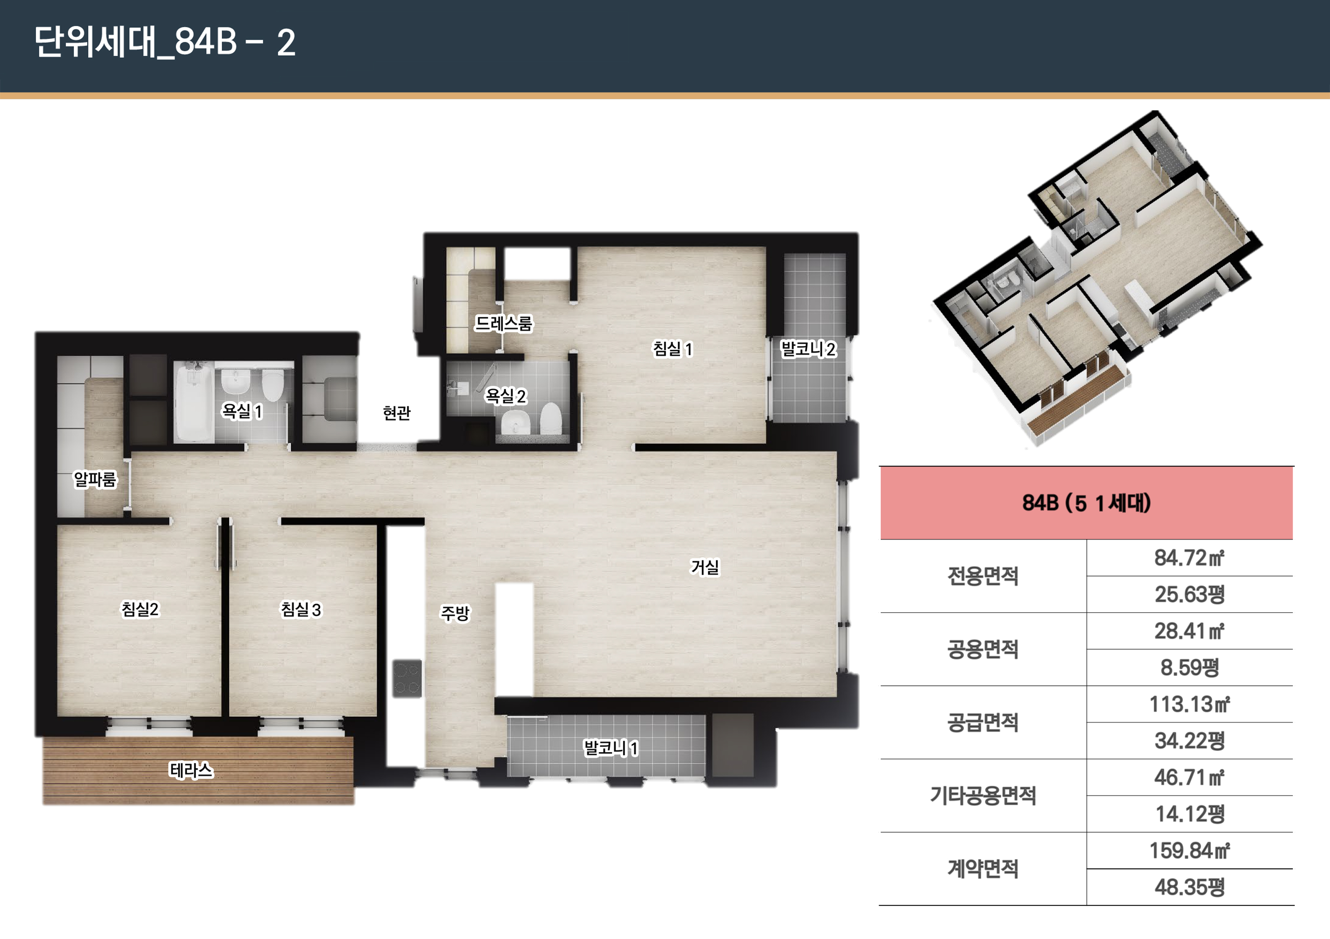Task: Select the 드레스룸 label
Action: click(503, 323)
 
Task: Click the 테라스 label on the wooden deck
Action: click(191, 770)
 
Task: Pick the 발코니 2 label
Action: click(808, 349)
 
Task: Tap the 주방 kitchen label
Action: click(455, 613)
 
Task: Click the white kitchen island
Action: click(514, 640)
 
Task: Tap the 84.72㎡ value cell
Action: click(1189, 558)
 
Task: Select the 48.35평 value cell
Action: click(1189, 887)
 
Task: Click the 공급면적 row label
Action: click(982, 723)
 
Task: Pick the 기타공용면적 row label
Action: click(982, 795)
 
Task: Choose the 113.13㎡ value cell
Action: click(1189, 704)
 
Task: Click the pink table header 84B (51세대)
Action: click(1086, 503)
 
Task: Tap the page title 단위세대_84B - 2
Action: click(165, 42)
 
